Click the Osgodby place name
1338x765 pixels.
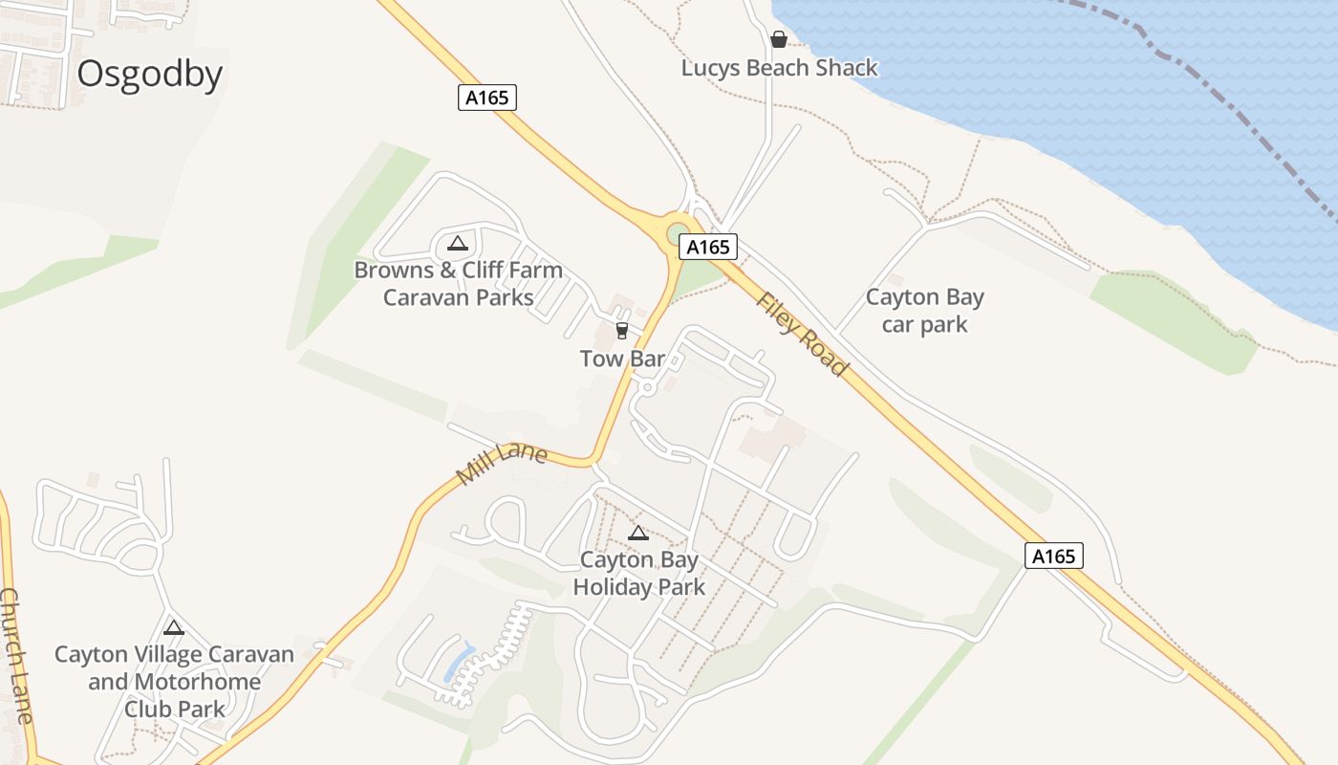pyautogui.click(x=150, y=75)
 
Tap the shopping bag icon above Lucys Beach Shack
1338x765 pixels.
pyautogui.click(x=779, y=39)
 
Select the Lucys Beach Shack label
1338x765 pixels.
pyautogui.click(x=779, y=69)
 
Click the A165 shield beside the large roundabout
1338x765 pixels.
pyautogui.click(x=708, y=247)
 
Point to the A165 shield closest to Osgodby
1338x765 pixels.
pyautogui.click(x=487, y=98)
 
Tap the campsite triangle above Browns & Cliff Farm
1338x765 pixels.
pyautogui.click(x=458, y=243)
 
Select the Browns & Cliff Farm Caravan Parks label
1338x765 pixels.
pyautogui.click(x=459, y=284)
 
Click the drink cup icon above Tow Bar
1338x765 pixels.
pyautogui.click(x=622, y=331)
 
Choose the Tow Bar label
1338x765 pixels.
pyautogui.click(x=622, y=359)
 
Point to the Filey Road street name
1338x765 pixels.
pyautogui.click(x=802, y=334)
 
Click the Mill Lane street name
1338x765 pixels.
pyautogui.click(x=502, y=463)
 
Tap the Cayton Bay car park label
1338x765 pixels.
pyautogui.click(x=924, y=311)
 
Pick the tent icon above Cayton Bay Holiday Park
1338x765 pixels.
pyautogui.click(x=638, y=533)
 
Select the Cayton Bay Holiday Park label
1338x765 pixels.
pyautogui.click(x=639, y=574)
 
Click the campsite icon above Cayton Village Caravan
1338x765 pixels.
pyautogui.click(x=173, y=628)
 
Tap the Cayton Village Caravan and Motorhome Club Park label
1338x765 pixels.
pyautogui.click(x=175, y=682)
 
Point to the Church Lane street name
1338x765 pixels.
pyautogui.click(x=17, y=656)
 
